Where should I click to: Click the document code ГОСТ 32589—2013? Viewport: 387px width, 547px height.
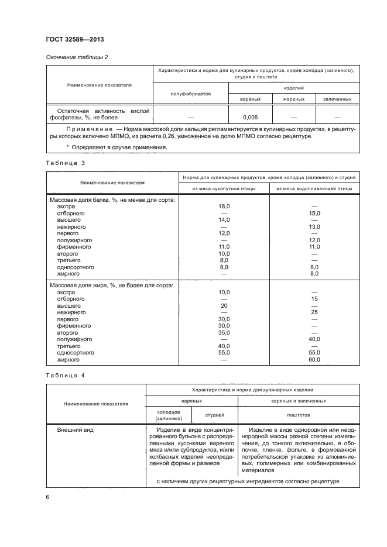point(70,40)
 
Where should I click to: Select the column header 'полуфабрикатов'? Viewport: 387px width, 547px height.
point(190,94)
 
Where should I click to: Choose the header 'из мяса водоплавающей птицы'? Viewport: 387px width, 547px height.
point(314,188)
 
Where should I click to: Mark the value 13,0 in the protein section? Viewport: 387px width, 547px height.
point(314,226)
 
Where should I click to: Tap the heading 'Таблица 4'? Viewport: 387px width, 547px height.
point(61,374)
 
